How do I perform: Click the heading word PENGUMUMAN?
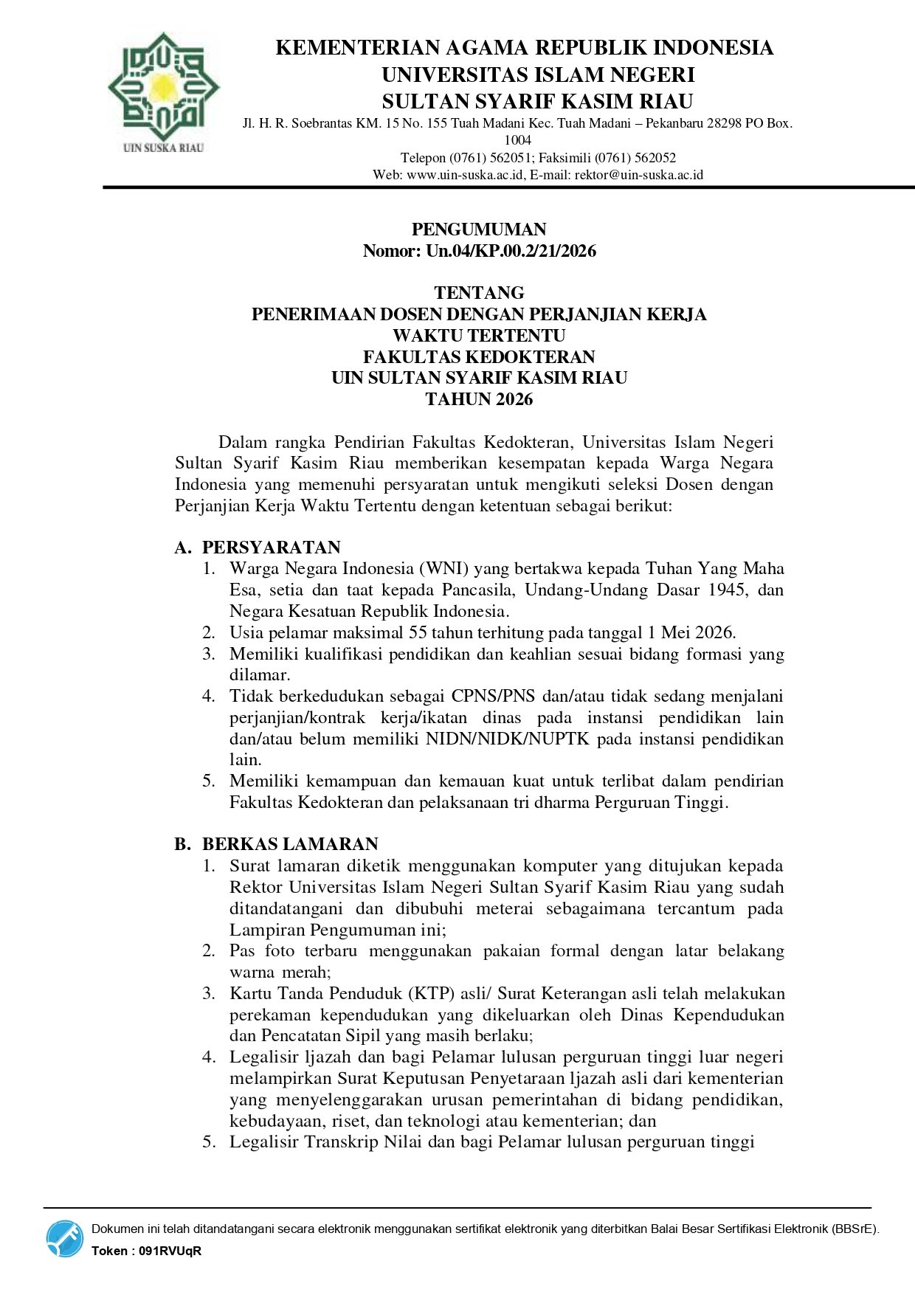click(x=479, y=229)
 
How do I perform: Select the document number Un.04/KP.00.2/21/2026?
click(x=511, y=251)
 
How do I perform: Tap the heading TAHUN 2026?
click(x=479, y=399)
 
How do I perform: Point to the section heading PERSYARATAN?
click(x=272, y=548)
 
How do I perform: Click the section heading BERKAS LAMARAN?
click(x=290, y=844)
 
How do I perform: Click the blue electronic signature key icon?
click(x=65, y=1238)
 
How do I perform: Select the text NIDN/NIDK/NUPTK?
click(x=508, y=739)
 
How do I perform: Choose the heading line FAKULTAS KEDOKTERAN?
click(x=479, y=357)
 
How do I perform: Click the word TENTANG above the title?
click(x=479, y=293)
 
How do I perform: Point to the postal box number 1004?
click(x=517, y=140)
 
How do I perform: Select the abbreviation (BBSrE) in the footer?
click(x=854, y=1229)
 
